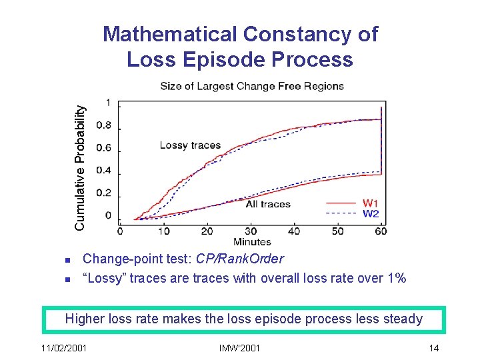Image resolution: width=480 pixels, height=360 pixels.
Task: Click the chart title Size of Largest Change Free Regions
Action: tap(252, 86)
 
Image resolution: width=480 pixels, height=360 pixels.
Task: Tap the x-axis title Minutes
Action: tap(252, 241)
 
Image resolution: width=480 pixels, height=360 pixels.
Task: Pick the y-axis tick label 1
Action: tap(108, 102)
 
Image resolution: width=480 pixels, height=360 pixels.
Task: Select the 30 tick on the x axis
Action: tap(207, 231)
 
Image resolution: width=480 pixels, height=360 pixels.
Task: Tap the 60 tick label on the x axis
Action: tap(380, 231)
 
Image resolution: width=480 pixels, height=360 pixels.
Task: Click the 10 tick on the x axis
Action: tap(163, 231)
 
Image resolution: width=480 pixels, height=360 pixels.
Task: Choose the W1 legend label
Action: tap(371, 203)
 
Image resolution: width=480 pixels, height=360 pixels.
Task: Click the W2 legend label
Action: tap(371, 213)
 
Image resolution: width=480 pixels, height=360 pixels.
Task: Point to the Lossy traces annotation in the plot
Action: tap(190, 145)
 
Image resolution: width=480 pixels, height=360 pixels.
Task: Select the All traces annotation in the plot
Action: tap(268, 204)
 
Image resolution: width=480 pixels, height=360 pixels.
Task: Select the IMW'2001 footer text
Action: tap(239, 348)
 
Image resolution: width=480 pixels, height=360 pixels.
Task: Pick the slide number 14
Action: tap(434, 348)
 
